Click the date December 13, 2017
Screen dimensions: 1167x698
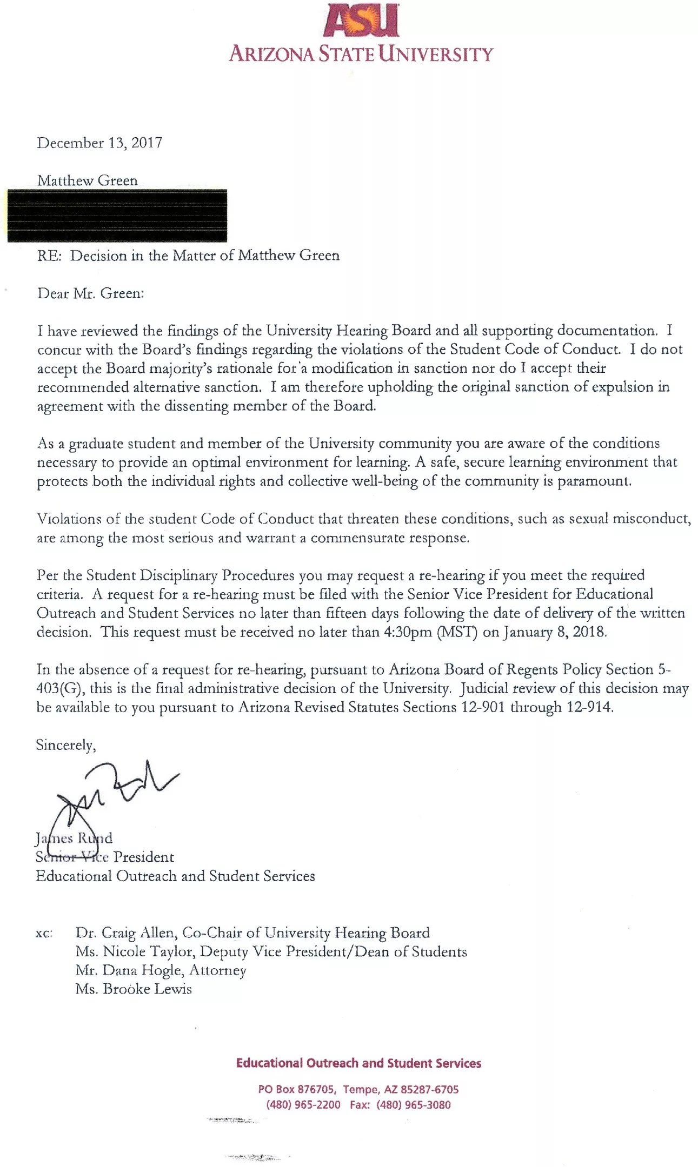click(99, 143)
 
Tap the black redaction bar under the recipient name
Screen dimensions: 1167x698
click(117, 215)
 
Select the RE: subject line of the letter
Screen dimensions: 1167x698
click(188, 256)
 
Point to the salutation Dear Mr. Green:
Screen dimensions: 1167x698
click(90, 293)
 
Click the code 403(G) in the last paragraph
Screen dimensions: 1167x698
click(58, 688)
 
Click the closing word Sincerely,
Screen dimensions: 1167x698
click(66, 745)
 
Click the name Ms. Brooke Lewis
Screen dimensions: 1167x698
click(134, 989)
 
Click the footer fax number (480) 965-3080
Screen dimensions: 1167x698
click(413, 1105)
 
